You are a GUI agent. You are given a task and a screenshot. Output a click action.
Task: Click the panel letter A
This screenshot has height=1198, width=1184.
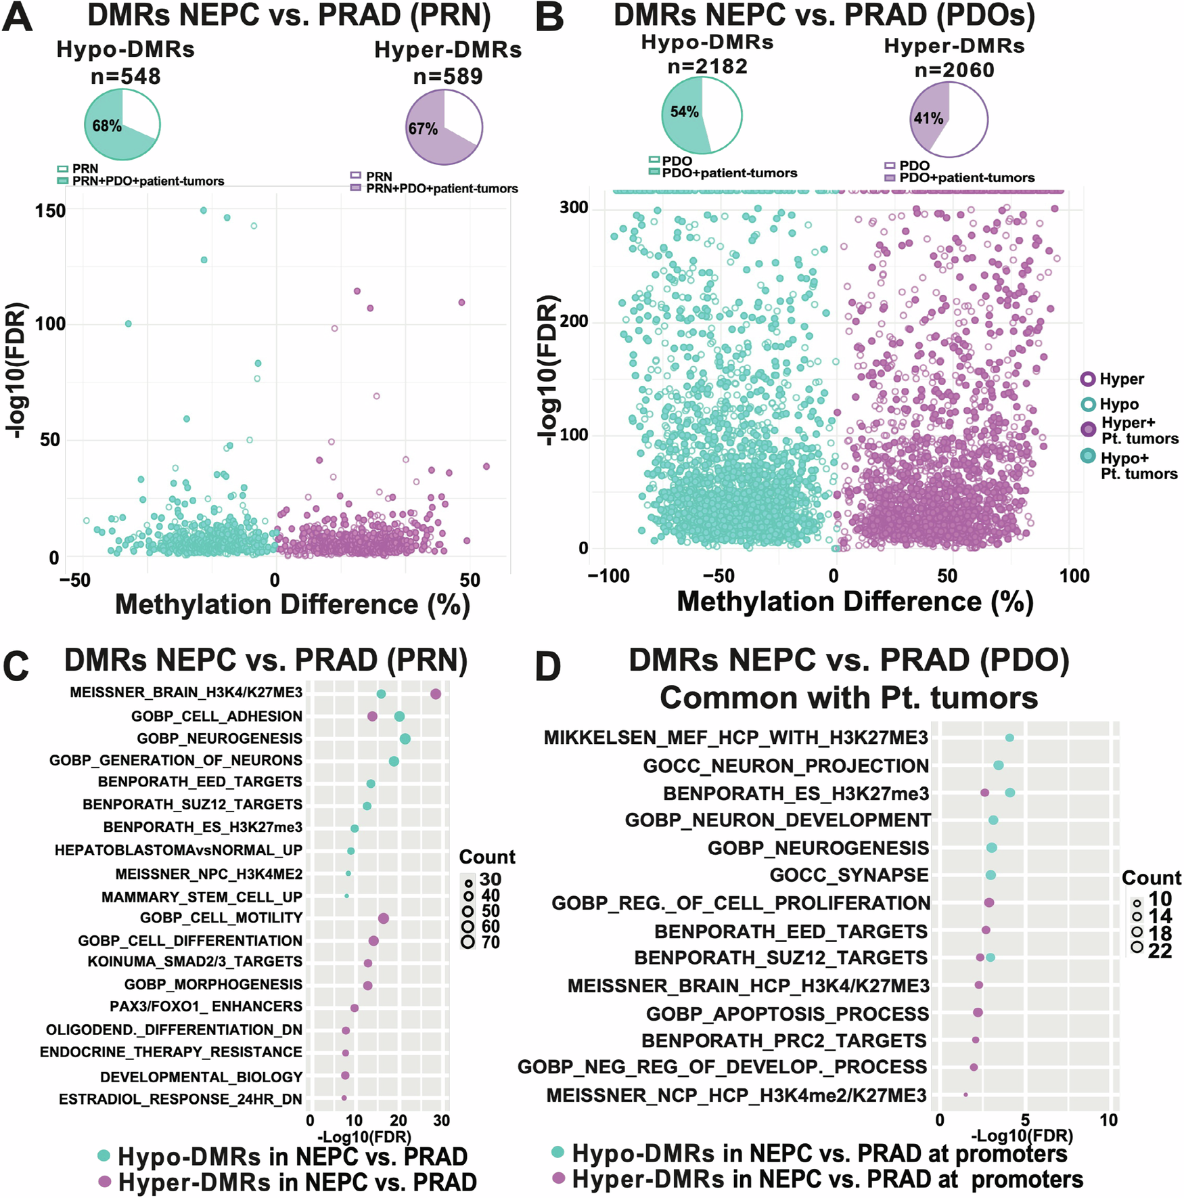click(x=18, y=18)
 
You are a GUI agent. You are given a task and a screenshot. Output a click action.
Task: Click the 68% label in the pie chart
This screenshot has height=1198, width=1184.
click(x=107, y=126)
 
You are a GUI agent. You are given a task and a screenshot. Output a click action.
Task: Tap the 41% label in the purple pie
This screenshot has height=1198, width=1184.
click(x=928, y=118)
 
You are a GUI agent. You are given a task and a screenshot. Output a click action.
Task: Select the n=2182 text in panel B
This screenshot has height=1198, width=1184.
click(x=707, y=66)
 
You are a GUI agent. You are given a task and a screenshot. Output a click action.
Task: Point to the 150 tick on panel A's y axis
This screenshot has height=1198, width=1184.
click(x=50, y=210)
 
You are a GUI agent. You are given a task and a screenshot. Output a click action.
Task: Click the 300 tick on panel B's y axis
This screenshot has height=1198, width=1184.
click(x=574, y=208)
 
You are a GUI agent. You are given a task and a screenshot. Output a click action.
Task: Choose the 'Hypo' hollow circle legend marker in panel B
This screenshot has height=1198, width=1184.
click(x=1088, y=404)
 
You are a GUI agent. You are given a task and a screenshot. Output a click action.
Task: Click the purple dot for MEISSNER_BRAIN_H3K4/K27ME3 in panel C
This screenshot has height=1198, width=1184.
click(x=436, y=694)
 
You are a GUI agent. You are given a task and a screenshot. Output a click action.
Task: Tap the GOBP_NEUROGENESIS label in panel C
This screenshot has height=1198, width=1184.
click(x=219, y=738)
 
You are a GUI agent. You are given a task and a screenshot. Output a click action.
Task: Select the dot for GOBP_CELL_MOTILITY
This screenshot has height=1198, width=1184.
click(x=384, y=918)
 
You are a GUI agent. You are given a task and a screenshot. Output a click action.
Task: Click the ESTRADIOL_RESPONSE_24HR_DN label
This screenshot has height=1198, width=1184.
click(x=180, y=1099)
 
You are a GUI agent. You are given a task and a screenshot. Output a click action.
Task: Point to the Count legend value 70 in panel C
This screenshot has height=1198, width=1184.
click(x=491, y=942)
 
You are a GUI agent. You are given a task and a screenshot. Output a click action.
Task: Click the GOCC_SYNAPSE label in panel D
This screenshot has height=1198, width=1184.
click(x=848, y=875)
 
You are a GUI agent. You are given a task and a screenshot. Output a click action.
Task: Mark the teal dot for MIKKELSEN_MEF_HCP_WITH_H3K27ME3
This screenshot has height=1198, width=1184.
click(x=1009, y=738)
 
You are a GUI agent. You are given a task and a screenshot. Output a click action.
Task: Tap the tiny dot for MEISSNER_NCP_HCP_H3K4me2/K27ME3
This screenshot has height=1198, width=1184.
click(x=965, y=1094)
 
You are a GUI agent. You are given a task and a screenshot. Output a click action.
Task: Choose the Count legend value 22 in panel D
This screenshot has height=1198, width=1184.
click(x=1160, y=951)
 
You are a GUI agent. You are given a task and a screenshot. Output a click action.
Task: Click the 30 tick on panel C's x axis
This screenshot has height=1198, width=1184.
click(x=441, y=1120)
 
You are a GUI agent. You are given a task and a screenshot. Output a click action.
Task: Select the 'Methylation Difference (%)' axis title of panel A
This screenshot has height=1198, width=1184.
click(x=292, y=604)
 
